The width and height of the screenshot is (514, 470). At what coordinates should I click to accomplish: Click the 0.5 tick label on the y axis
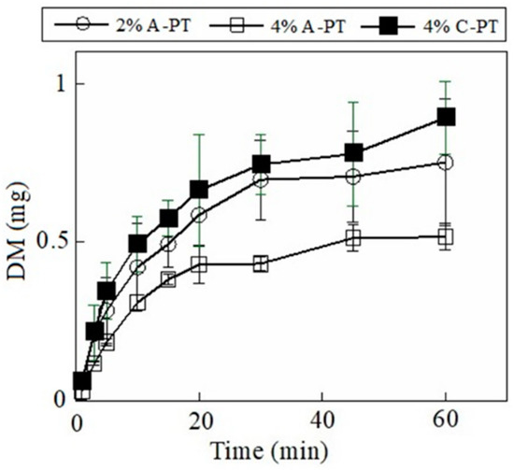54,242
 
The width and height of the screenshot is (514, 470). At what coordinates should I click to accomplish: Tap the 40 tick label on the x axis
322,420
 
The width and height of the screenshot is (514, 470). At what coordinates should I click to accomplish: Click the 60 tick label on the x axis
446,420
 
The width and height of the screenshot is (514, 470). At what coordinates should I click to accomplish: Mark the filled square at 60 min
446,117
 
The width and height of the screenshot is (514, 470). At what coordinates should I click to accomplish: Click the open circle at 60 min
446,163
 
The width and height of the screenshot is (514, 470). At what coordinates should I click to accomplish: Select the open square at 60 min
446,237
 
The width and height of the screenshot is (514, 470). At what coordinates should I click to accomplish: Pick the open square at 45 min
353,239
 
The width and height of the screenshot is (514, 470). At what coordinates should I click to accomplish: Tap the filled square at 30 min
261,164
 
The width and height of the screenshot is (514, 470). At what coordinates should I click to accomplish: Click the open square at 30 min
261,264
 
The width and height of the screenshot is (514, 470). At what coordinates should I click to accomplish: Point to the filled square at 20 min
199,190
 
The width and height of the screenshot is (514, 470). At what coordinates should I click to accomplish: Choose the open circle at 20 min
199,215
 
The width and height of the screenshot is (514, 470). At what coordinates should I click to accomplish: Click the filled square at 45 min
353,153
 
